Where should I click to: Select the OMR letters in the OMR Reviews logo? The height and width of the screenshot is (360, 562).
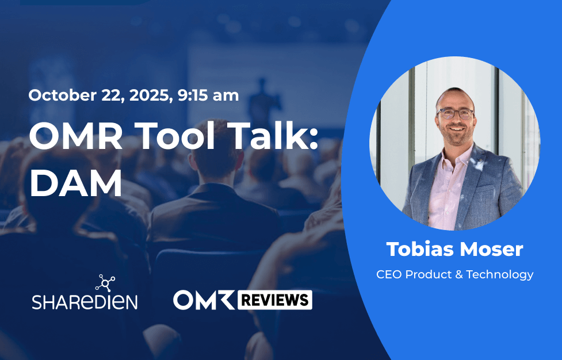(202, 300)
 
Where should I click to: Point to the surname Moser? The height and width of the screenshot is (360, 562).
(493, 249)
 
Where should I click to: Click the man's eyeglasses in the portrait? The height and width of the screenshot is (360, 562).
(454, 113)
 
